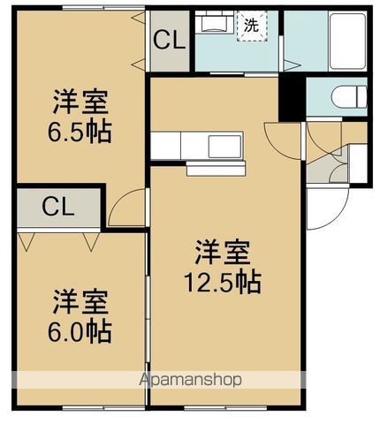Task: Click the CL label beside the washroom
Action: [169, 41]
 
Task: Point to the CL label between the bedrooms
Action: [57, 208]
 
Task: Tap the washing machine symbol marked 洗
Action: [252, 26]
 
